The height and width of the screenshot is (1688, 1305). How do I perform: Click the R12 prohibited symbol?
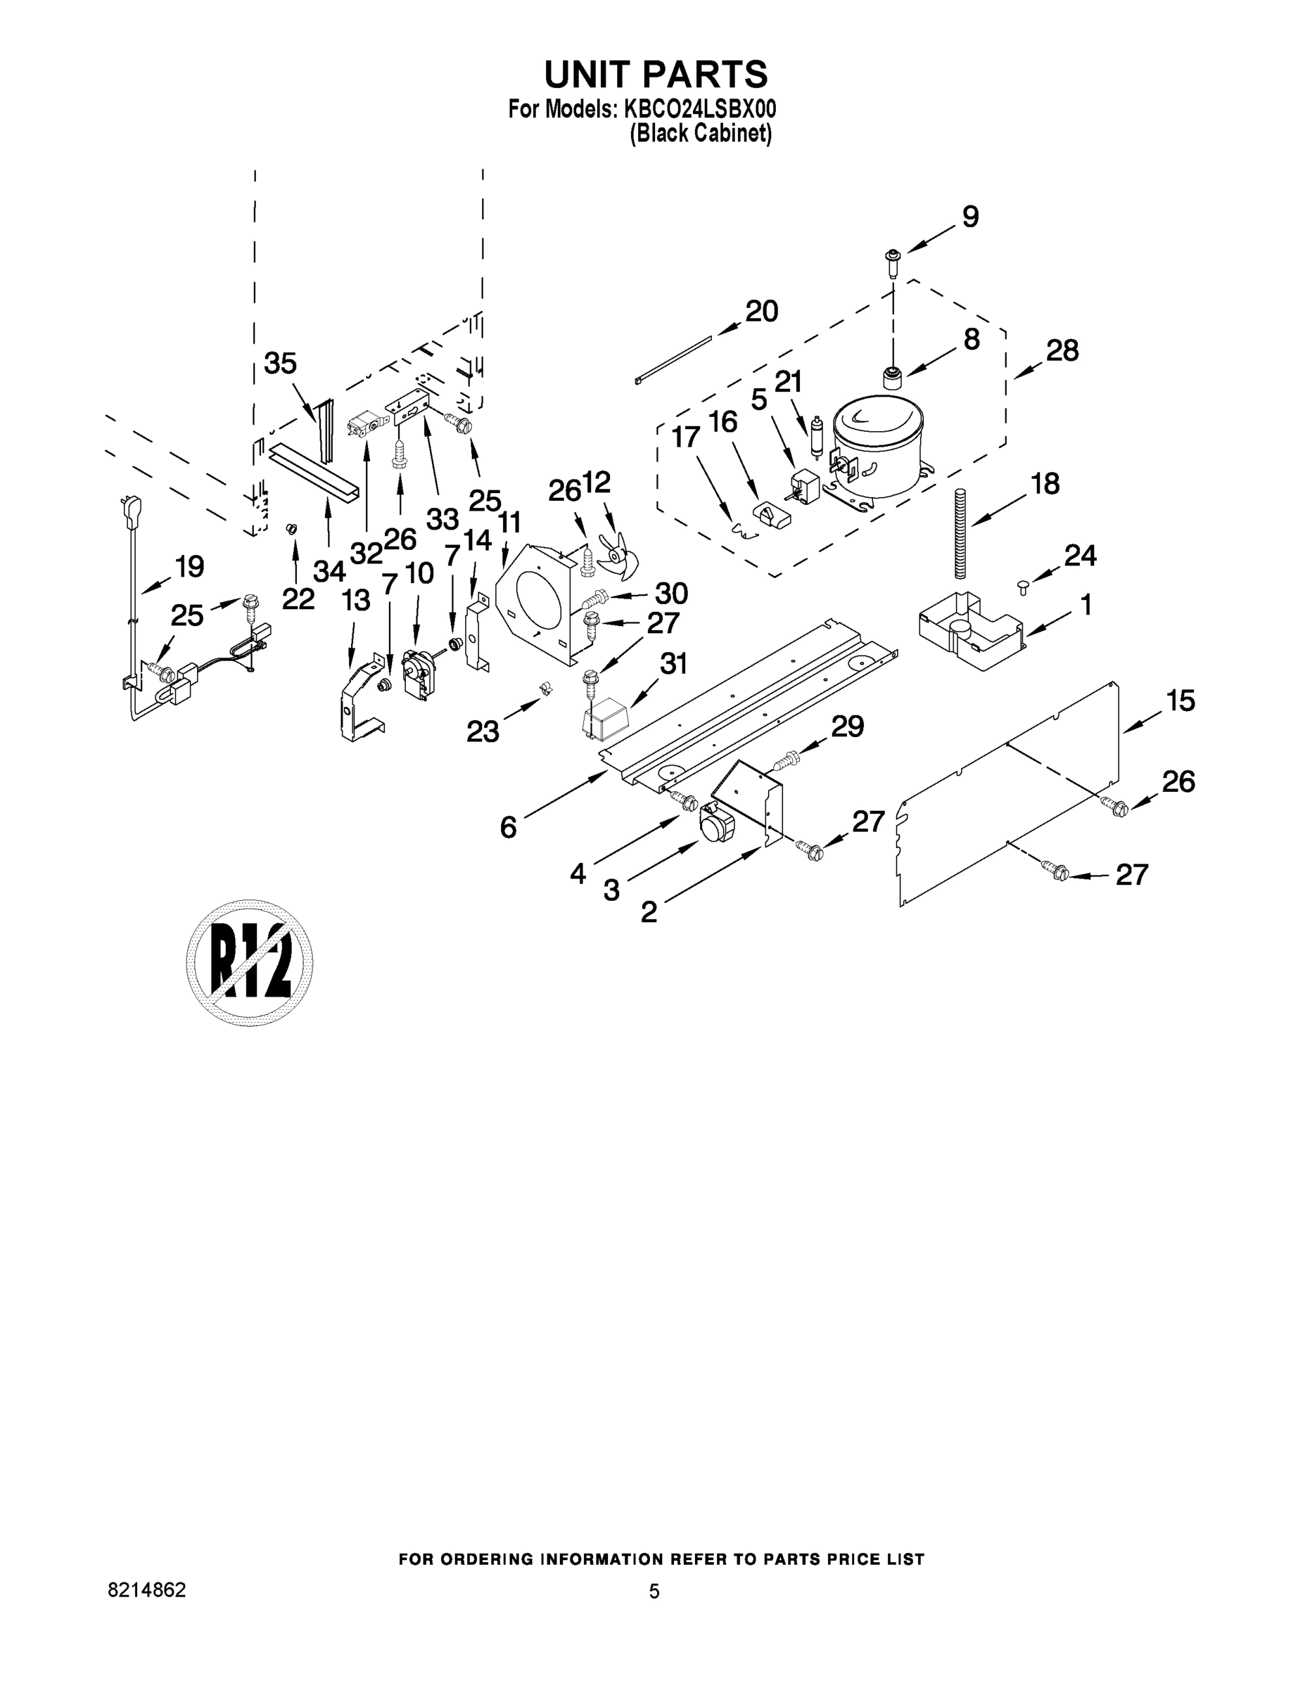tap(249, 963)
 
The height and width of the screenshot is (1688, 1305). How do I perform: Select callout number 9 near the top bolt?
tap(970, 217)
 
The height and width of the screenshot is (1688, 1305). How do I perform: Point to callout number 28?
tap(1062, 351)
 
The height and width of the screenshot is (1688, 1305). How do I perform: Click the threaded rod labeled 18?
tap(962, 533)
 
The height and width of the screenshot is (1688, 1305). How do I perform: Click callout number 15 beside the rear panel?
tap(1180, 701)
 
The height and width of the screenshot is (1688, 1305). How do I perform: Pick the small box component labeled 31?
tap(607, 717)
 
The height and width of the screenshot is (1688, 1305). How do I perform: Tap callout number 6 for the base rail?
tap(508, 828)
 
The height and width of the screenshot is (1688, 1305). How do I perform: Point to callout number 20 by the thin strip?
tap(761, 312)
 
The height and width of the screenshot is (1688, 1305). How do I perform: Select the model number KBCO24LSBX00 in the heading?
tap(695, 109)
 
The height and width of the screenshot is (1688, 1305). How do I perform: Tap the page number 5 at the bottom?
tap(654, 1592)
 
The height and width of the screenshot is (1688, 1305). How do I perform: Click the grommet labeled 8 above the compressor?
tap(893, 378)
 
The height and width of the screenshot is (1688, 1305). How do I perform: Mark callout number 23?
tap(483, 731)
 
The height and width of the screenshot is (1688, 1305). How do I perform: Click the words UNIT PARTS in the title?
tap(656, 74)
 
